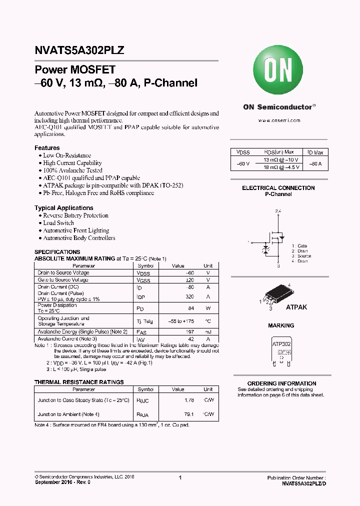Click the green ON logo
click(x=278, y=71)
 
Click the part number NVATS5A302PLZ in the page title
click(x=79, y=50)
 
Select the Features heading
click(x=47, y=148)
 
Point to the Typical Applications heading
click(x=64, y=208)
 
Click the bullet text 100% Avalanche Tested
click(x=72, y=170)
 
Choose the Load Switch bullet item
click(x=58, y=223)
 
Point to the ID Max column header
click(x=315, y=152)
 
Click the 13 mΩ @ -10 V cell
click(x=280, y=159)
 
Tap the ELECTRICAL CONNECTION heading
click(x=278, y=188)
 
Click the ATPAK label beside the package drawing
click(x=296, y=307)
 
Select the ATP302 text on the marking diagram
click(x=282, y=344)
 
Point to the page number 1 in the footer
click(x=180, y=478)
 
